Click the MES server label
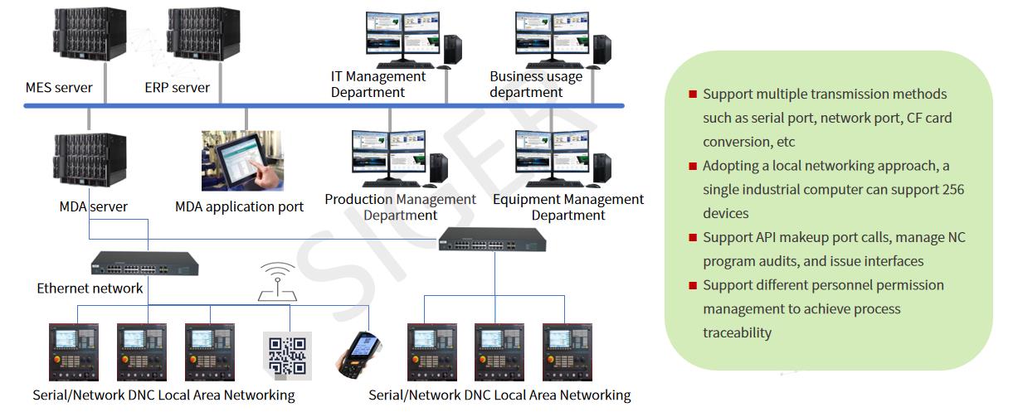(59, 87)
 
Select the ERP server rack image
(203, 33)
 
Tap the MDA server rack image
(90, 159)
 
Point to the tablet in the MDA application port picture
(241, 163)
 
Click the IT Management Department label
(378, 84)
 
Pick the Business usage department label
(536, 84)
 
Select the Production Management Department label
(401, 206)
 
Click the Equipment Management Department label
(568, 206)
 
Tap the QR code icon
(287, 356)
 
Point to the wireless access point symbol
(277, 282)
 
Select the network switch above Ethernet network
(144, 264)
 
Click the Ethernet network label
(90, 288)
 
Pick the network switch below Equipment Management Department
(492, 240)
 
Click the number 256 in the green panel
(953, 189)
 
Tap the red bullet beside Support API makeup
(693, 237)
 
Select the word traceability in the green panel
(737, 333)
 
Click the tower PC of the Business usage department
(602, 50)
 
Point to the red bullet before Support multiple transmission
(693, 94)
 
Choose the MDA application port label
(239, 206)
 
